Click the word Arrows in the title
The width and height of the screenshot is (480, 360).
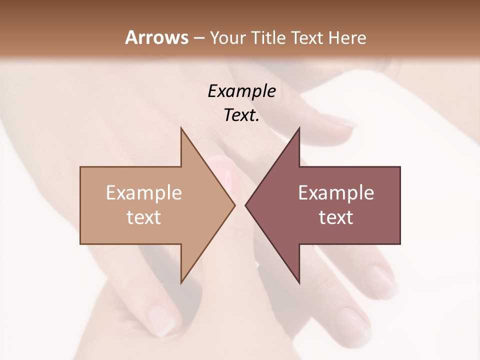point(156,37)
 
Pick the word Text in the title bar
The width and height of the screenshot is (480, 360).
point(308,38)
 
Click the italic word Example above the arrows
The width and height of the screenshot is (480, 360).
point(241,91)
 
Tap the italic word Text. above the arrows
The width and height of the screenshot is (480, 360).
point(241,115)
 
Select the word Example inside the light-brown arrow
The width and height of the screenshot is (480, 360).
point(143,192)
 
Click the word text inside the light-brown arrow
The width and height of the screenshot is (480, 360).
point(143,217)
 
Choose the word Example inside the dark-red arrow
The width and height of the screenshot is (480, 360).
point(336,192)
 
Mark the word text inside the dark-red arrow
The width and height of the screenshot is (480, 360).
point(336,217)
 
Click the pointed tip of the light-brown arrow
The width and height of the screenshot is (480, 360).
point(234,205)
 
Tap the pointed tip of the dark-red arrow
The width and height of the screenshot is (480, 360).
point(246,205)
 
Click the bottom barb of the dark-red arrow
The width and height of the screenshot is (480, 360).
point(298,280)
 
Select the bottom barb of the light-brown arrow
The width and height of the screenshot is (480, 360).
point(182,280)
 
